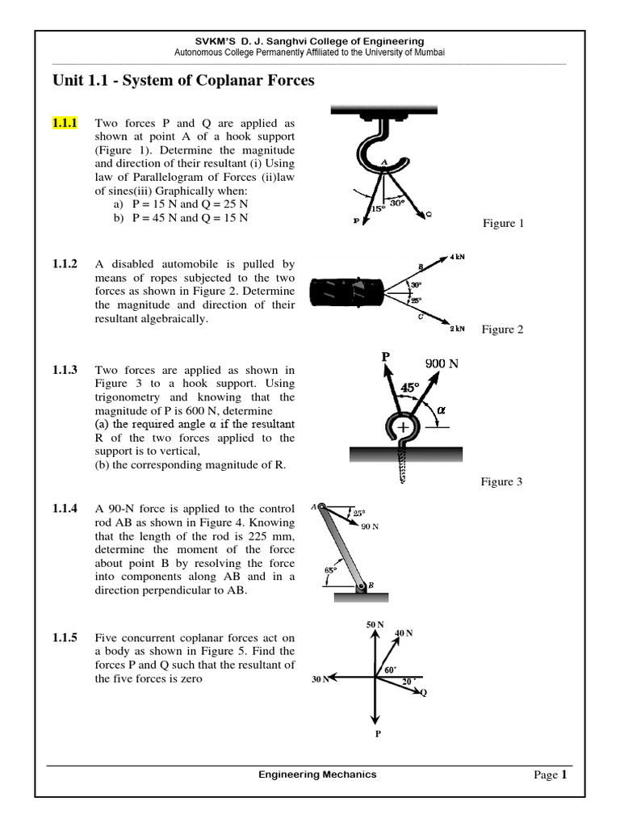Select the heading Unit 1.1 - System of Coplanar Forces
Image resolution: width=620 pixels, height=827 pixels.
[x=183, y=80]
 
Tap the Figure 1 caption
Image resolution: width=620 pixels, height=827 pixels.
[x=503, y=223]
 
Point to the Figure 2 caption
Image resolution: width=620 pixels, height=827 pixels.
[x=502, y=329]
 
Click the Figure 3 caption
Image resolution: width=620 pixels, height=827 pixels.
[x=502, y=481]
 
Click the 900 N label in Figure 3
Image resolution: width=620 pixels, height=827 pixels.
[x=442, y=363]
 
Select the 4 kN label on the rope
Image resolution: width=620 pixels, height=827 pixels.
[x=457, y=256]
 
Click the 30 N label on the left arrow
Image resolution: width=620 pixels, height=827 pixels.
[x=320, y=679]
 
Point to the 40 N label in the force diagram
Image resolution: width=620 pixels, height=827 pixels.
[x=404, y=632]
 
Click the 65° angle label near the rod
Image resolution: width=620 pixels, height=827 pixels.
[x=331, y=570]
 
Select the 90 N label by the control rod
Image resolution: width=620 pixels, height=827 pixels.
[x=370, y=527]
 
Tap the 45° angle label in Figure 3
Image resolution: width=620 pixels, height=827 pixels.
[x=410, y=388]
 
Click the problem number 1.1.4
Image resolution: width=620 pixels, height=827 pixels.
[x=65, y=508]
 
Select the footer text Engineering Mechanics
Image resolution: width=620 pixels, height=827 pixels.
[x=317, y=775]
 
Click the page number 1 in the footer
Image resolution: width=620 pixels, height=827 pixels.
[x=564, y=775]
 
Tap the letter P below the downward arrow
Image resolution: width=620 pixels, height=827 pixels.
[x=377, y=734]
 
